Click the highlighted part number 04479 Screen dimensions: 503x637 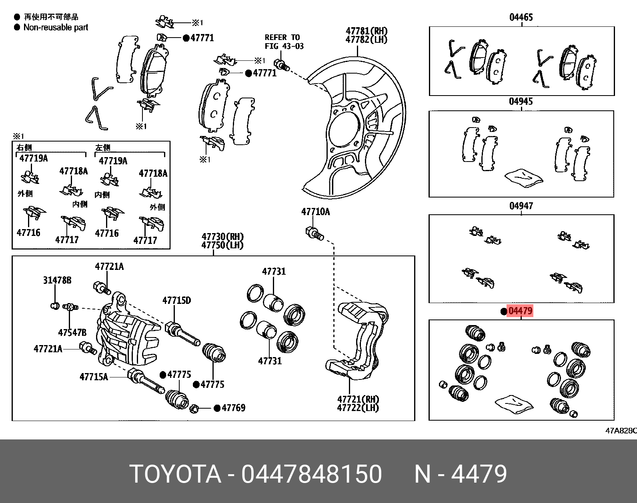(520, 311)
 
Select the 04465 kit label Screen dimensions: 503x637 (521, 17)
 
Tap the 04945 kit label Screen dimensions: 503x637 (521, 102)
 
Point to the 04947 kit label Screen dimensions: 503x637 (521, 206)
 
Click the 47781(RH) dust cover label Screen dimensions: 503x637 (367, 31)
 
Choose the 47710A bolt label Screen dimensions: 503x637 (316, 212)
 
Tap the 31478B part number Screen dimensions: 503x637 (57, 280)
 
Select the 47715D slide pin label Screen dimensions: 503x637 (176, 300)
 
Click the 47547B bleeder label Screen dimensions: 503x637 (72, 333)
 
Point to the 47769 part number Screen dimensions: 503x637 (233, 408)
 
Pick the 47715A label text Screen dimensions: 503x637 (94, 377)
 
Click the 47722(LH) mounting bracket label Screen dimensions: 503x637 (358, 408)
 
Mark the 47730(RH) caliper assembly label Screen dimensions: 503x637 (222, 237)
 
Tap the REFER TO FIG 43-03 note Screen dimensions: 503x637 (284, 42)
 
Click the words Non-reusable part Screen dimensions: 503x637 (56, 28)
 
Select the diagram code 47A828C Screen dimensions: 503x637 (620, 431)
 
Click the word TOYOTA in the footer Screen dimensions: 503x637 (175, 474)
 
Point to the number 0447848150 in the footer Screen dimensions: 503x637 (311, 474)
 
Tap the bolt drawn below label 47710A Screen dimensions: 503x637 (314, 234)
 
